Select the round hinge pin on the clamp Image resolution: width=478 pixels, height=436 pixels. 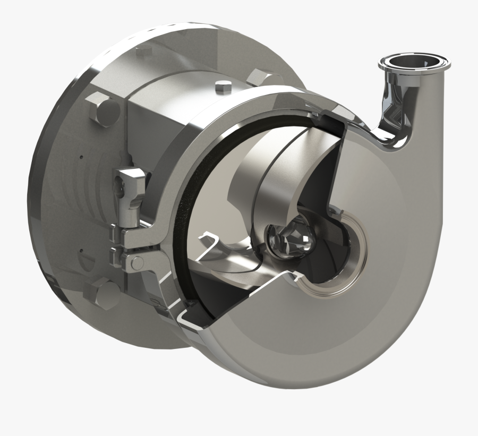pos(136,262)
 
